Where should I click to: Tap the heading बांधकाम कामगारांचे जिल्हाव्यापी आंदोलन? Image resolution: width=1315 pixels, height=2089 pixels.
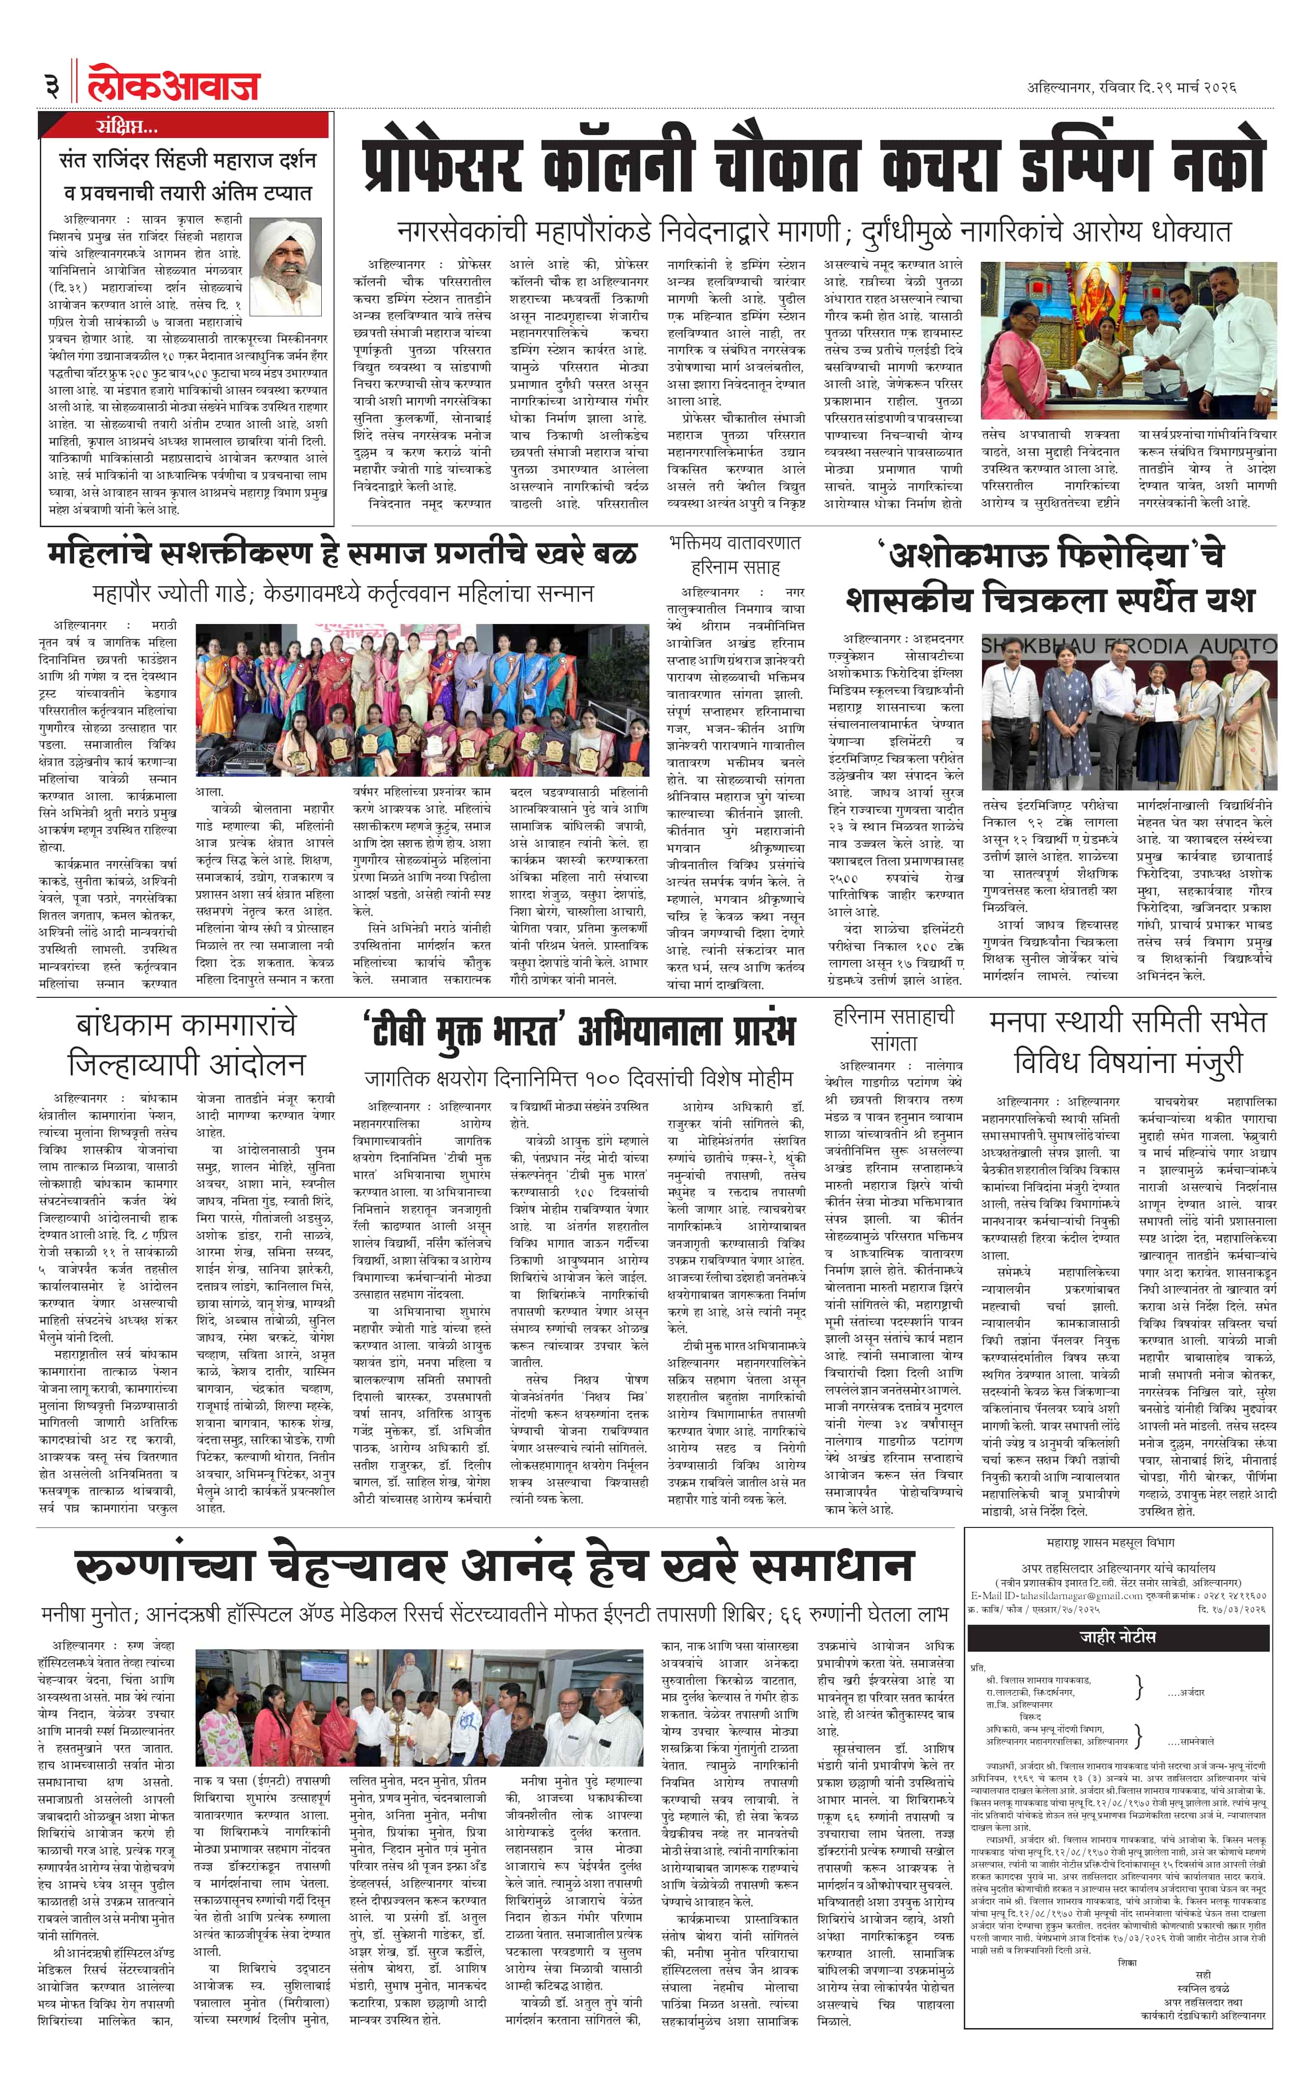click(187, 1044)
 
